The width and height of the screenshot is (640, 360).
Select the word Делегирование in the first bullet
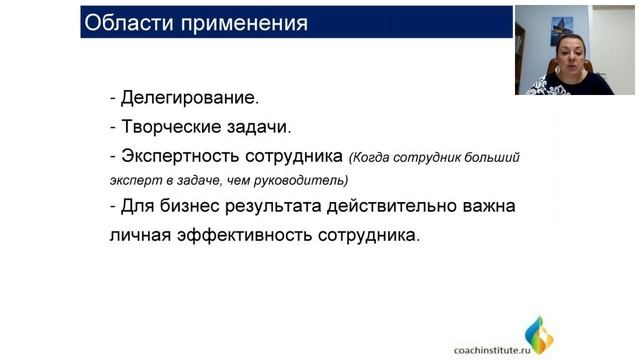[x=189, y=98]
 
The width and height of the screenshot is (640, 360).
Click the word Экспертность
[x=181, y=156]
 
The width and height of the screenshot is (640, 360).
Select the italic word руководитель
[x=306, y=181]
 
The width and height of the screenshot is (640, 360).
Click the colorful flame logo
[x=539, y=335]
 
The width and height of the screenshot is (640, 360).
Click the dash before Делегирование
[x=113, y=98]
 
